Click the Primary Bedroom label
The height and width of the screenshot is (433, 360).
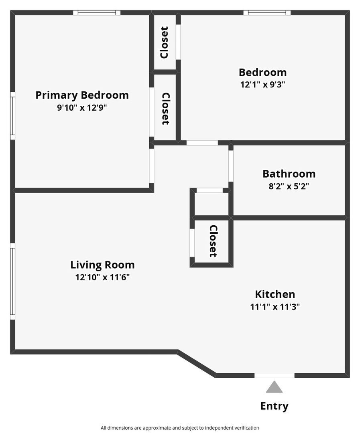tap(82, 95)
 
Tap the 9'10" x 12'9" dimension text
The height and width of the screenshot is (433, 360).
tap(82, 108)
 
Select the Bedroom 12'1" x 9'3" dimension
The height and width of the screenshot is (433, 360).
tap(262, 85)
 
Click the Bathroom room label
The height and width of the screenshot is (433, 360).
tap(289, 174)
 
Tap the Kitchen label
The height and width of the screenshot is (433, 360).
tap(275, 294)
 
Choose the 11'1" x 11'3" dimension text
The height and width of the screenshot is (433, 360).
tap(275, 307)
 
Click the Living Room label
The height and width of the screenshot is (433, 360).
tap(102, 265)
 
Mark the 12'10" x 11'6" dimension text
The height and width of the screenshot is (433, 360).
tap(102, 277)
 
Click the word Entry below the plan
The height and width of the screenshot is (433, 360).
tap(274, 406)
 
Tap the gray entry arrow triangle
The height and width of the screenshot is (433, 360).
tap(274, 387)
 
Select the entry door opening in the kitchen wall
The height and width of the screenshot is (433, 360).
tap(274, 375)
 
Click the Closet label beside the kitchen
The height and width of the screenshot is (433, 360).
tap(213, 241)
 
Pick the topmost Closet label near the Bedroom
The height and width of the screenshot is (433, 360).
tap(164, 42)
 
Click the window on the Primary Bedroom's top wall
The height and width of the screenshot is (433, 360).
tap(97, 13)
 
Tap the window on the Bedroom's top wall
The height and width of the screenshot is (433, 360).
tap(267, 13)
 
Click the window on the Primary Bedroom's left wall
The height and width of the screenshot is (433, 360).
tap(12, 116)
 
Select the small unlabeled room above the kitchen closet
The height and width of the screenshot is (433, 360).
tap(212, 204)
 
